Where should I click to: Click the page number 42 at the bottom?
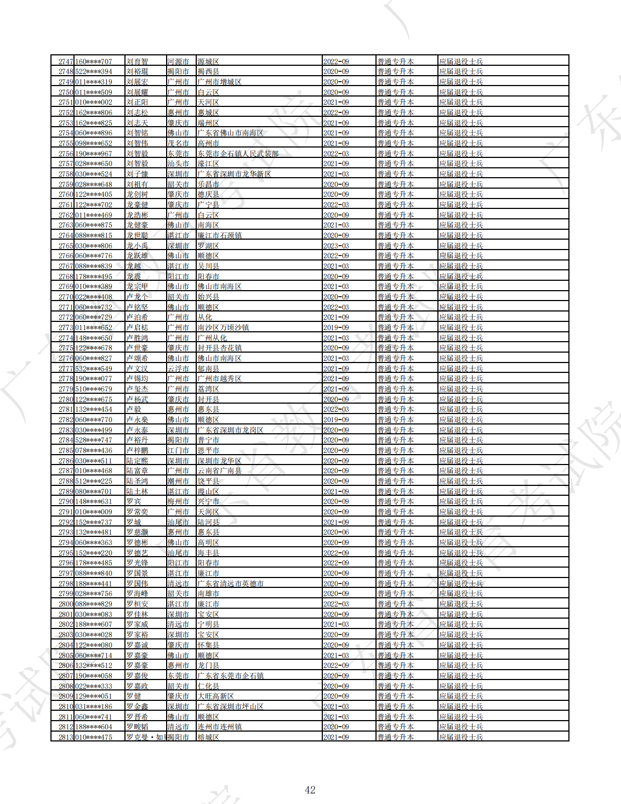[310, 790]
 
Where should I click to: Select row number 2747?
[66, 61]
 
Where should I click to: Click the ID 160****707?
[93, 61]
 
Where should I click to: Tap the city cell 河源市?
[178, 61]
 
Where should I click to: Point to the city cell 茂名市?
[178, 143]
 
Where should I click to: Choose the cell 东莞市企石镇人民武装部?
[238, 154]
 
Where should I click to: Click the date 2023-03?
[336, 246]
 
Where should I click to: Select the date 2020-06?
[336, 532]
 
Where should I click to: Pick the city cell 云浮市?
[178, 369]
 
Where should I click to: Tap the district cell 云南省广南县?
[219, 471]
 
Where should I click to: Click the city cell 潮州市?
[178, 481]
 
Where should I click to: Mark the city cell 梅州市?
[178, 501]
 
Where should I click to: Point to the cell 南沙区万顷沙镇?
[223, 327]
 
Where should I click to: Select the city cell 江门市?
[178, 450]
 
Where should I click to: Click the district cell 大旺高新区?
[215, 696]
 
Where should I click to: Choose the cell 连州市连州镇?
[219, 727]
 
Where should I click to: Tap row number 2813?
[66, 737]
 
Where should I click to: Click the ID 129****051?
[93, 696]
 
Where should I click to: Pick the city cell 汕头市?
[178, 163]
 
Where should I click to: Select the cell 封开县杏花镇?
[219, 348]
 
